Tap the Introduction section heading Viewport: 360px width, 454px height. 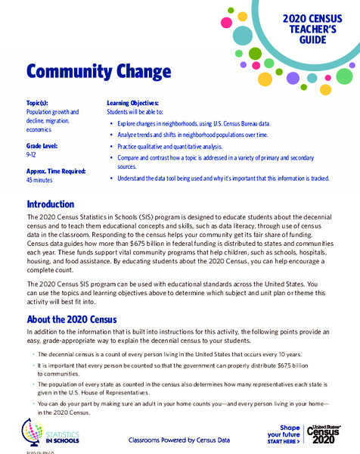[51, 204]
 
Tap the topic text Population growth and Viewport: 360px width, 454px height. [53, 112]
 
